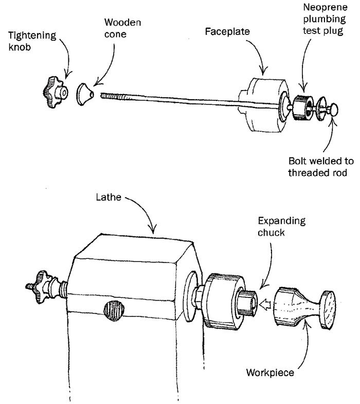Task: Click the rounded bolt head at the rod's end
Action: pos(333,110)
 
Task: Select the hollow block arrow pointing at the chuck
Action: pos(264,306)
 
